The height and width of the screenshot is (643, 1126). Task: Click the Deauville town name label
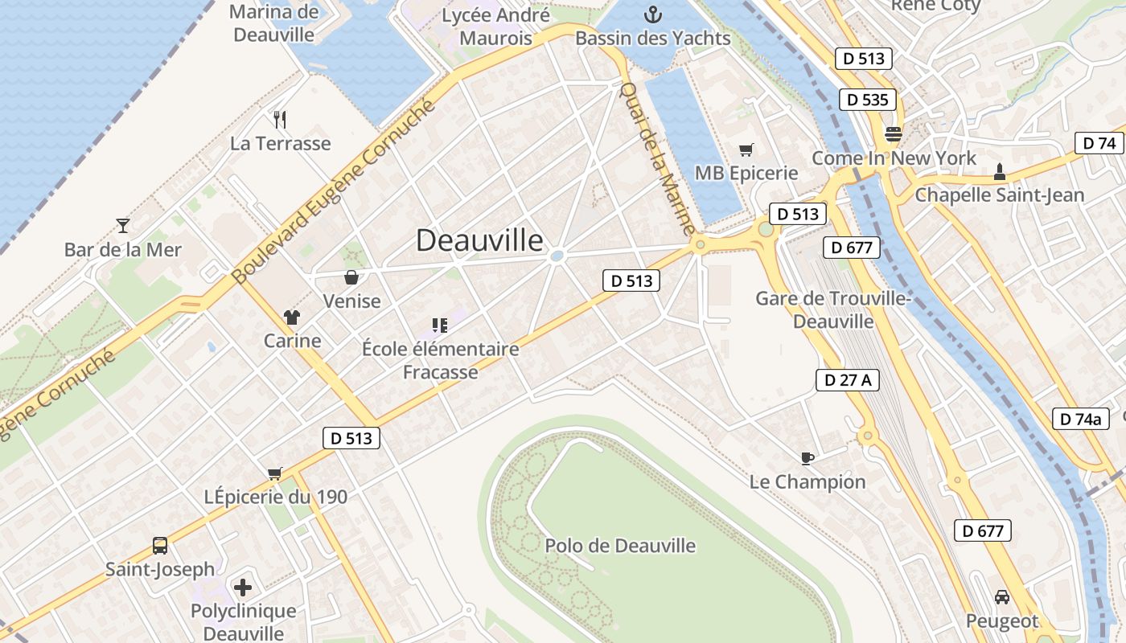point(479,240)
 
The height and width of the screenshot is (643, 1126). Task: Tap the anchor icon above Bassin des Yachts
point(653,14)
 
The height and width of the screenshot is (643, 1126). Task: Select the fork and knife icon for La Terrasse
point(280,120)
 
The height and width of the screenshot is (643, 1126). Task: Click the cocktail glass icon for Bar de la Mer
point(123,225)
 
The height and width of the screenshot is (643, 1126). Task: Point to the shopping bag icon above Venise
point(351,277)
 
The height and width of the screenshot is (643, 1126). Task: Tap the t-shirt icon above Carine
point(292,317)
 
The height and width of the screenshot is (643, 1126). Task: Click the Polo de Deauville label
point(620,546)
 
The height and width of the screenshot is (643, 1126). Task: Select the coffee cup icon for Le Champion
point(808,458)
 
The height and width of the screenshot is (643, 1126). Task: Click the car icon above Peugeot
point(1002,597)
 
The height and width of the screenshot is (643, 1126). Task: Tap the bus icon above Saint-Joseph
point(160,546)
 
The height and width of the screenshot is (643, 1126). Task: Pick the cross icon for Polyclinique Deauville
point(243,587)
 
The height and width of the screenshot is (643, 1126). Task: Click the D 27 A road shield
point(847,380)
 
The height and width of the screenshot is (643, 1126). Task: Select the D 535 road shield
point(868,100)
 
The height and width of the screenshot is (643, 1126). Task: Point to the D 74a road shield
point(1080,419)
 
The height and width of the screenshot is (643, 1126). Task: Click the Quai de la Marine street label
point(657,159)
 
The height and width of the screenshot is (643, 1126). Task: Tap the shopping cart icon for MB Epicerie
point(746,149)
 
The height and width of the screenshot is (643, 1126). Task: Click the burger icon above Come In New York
point(893,133)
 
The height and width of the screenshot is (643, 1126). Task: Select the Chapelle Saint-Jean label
point(999,195)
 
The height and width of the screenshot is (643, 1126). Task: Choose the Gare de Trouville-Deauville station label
point(832,309)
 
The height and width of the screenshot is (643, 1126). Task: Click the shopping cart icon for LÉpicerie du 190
point(275,473)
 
